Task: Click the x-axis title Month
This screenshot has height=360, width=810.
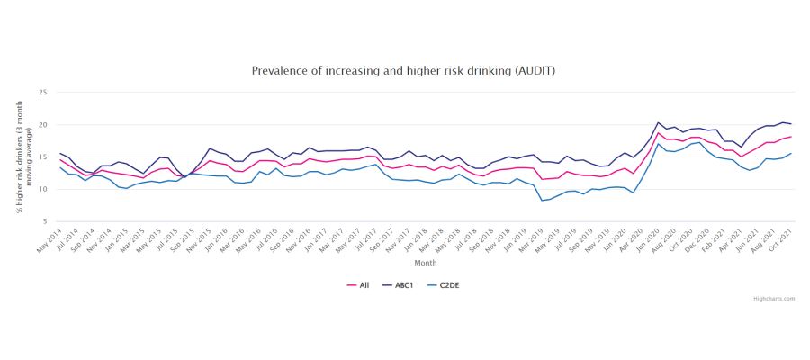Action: coord(426,263)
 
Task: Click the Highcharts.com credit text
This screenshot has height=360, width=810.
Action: coord(774,299)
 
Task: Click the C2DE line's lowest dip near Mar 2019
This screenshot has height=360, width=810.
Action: coord(543,200)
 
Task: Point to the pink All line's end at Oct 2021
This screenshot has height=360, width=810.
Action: coord(790,137)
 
